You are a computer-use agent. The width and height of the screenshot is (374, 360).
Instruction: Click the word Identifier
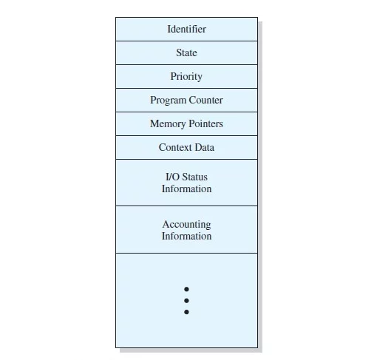186,29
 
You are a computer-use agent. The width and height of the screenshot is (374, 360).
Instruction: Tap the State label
186,52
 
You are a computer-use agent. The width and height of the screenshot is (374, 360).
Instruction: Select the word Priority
186,77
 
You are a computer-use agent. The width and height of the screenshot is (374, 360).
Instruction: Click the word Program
169,101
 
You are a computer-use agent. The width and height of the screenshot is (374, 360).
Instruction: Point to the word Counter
205,100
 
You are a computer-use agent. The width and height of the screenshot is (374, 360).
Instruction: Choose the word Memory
168,124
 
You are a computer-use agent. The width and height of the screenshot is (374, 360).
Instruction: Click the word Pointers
205,123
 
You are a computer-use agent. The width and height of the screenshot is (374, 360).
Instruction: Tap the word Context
175,147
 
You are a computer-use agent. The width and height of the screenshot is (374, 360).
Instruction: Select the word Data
205,147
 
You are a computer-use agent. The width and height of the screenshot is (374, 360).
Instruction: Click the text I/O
172,177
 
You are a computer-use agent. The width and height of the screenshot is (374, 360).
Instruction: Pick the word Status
194,177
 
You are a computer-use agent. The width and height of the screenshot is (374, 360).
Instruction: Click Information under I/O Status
186,189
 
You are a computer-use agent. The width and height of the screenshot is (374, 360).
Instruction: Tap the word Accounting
186,225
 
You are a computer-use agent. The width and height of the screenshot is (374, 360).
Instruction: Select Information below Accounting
186,236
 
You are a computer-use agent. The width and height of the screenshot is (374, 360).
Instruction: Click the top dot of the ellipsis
186,289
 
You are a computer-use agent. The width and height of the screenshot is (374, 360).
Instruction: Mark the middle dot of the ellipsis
186,301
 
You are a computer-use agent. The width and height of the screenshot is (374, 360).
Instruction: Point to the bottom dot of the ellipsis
186,312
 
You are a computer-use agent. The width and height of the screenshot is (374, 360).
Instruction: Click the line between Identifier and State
186,41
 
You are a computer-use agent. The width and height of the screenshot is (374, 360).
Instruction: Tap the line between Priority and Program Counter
186,88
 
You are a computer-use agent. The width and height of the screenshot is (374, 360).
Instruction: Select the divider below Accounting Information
186,253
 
